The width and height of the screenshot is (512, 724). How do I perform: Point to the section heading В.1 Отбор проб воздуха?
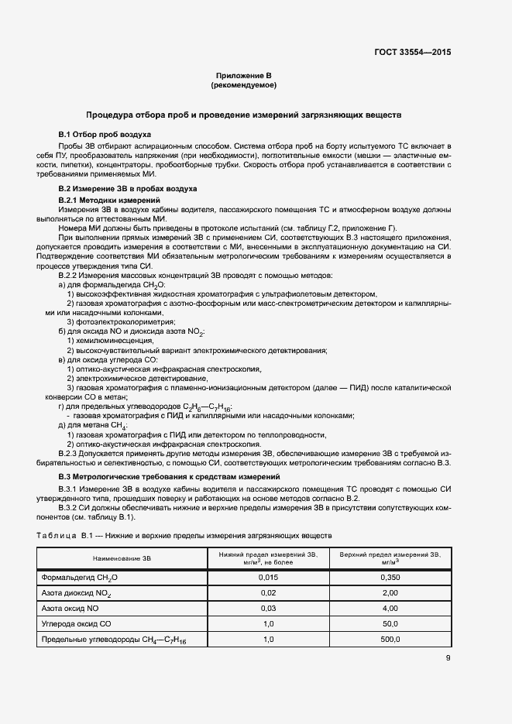tap(100, 134)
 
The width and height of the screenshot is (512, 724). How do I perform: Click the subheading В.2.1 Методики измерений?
tap(103, 201)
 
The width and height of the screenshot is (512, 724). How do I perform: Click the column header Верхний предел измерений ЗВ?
tap(390, 558)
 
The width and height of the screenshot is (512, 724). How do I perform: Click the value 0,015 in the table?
tap(268, 578)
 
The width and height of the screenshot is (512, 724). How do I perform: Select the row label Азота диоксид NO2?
tap(77, 593)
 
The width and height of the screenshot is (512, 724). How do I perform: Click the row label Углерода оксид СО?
tap(77, 623)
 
